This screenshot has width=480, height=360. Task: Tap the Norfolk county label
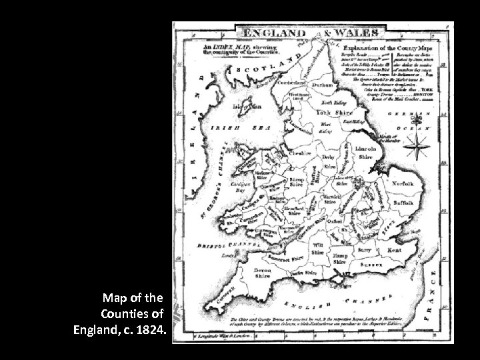(403, 183)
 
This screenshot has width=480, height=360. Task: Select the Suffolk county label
(402, 201)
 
